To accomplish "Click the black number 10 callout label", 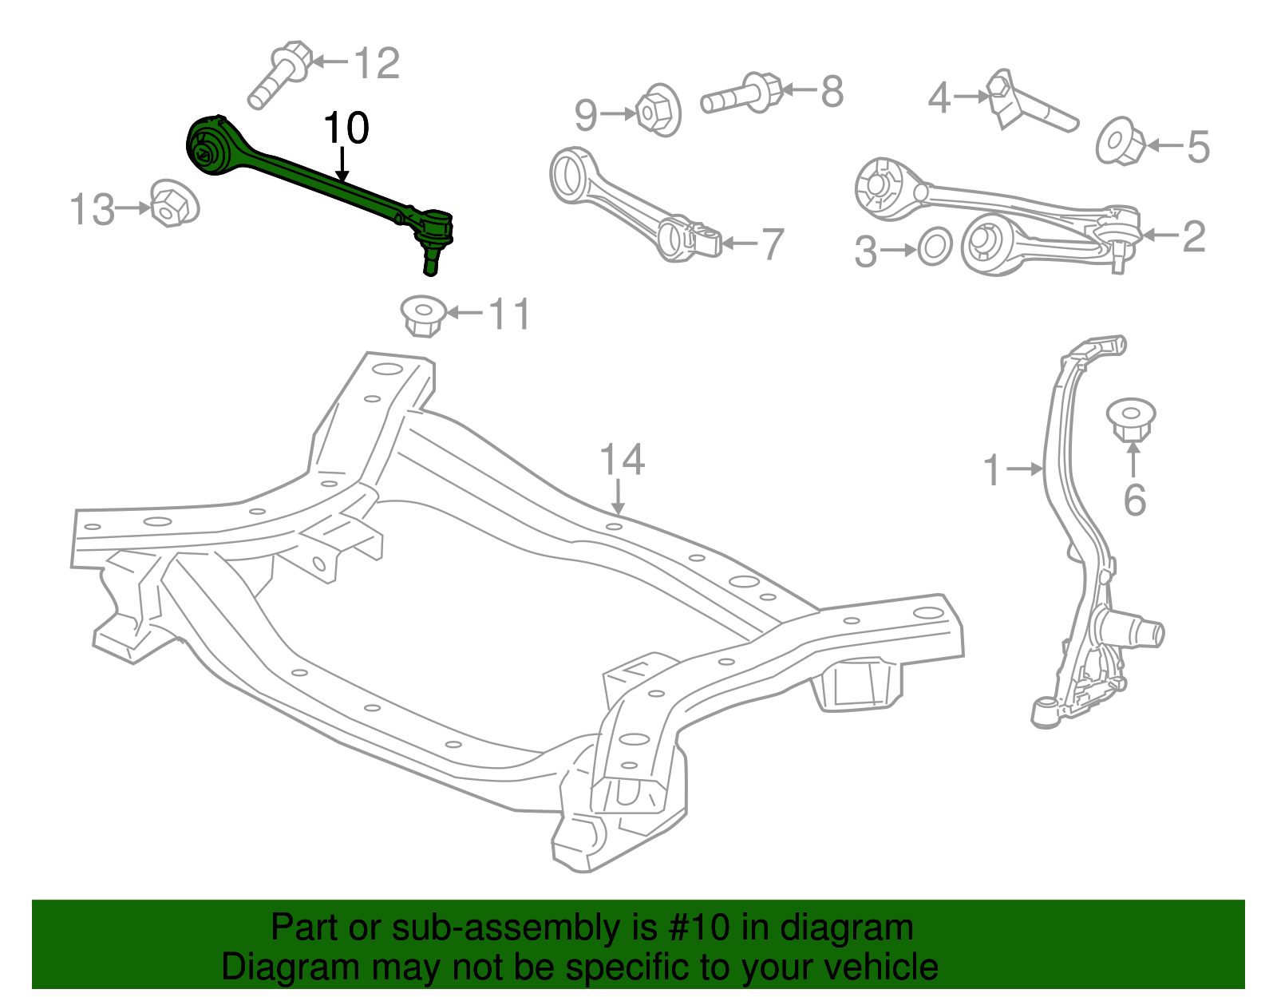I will (x=346, y=129).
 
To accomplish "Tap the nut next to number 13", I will (x=173, y=204).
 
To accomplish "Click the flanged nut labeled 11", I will (x=422, y=315).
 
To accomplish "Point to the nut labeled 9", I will (x=658, y=110).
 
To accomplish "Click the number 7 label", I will (x=772, y=244).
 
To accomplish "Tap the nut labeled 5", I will (x=1121, y=142).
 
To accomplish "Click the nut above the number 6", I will (x=1132, y=419).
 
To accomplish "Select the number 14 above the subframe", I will (x=622, y=461).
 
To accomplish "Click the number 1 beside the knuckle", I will (x=992, y=471).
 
